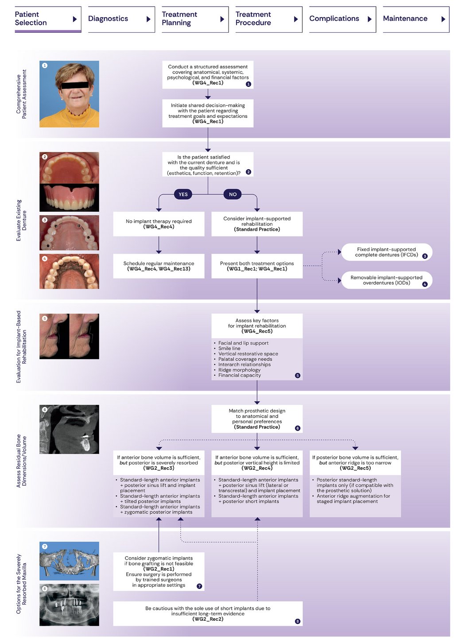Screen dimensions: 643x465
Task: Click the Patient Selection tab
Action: coord(47,19)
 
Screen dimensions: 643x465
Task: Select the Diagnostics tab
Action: coord(121,19)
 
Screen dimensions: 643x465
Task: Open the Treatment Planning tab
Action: coord(195,19)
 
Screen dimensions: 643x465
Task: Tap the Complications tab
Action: coord(342,19)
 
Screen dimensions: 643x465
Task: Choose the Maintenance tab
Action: coord(415,19)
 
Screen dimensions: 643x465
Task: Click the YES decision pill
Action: coord(183,194)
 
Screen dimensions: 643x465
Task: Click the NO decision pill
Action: coord(233,194)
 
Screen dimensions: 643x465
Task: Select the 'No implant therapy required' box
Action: coord(159,224)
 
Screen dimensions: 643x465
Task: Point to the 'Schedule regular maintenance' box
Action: coord(159,266)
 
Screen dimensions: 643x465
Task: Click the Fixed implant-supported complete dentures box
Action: coord(386,252)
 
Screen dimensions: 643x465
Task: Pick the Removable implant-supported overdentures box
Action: coord(386,280)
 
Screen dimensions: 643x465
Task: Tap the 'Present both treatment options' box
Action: coord(257,266)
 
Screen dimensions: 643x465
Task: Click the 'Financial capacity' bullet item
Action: coord(240,376)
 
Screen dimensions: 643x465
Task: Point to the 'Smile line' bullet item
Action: coord(229,349)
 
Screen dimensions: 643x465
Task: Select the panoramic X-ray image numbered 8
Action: coord(69,604)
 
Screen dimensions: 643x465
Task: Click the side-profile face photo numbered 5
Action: coord(69,336)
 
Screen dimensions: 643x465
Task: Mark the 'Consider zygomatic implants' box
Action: coord(159,571)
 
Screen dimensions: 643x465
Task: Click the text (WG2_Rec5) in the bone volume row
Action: coord(355,468)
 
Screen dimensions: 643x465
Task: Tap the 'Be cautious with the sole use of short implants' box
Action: coord(208,614)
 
